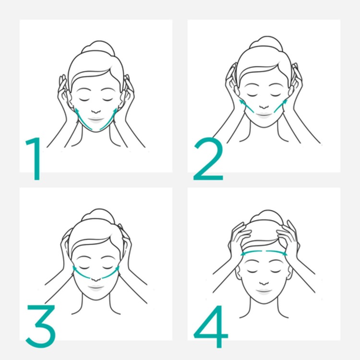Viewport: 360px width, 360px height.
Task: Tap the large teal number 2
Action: [208, 159]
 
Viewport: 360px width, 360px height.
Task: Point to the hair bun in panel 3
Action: [98, 216]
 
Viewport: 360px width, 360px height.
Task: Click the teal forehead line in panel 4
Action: [264, 252]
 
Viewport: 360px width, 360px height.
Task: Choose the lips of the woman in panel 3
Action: [96, 287]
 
